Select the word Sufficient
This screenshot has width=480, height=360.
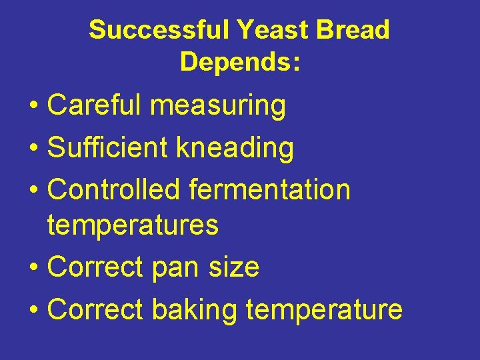click(108, 148)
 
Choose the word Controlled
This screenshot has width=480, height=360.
click(114, 190)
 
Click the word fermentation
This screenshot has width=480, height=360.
click(269, 190)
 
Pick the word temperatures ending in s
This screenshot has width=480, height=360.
click(133, 226)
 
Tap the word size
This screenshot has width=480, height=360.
click(234, 267)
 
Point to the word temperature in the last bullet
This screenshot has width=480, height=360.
click(324, 310)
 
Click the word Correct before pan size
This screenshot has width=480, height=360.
click(95, 267)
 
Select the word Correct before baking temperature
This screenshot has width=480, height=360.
click(95, 309)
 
